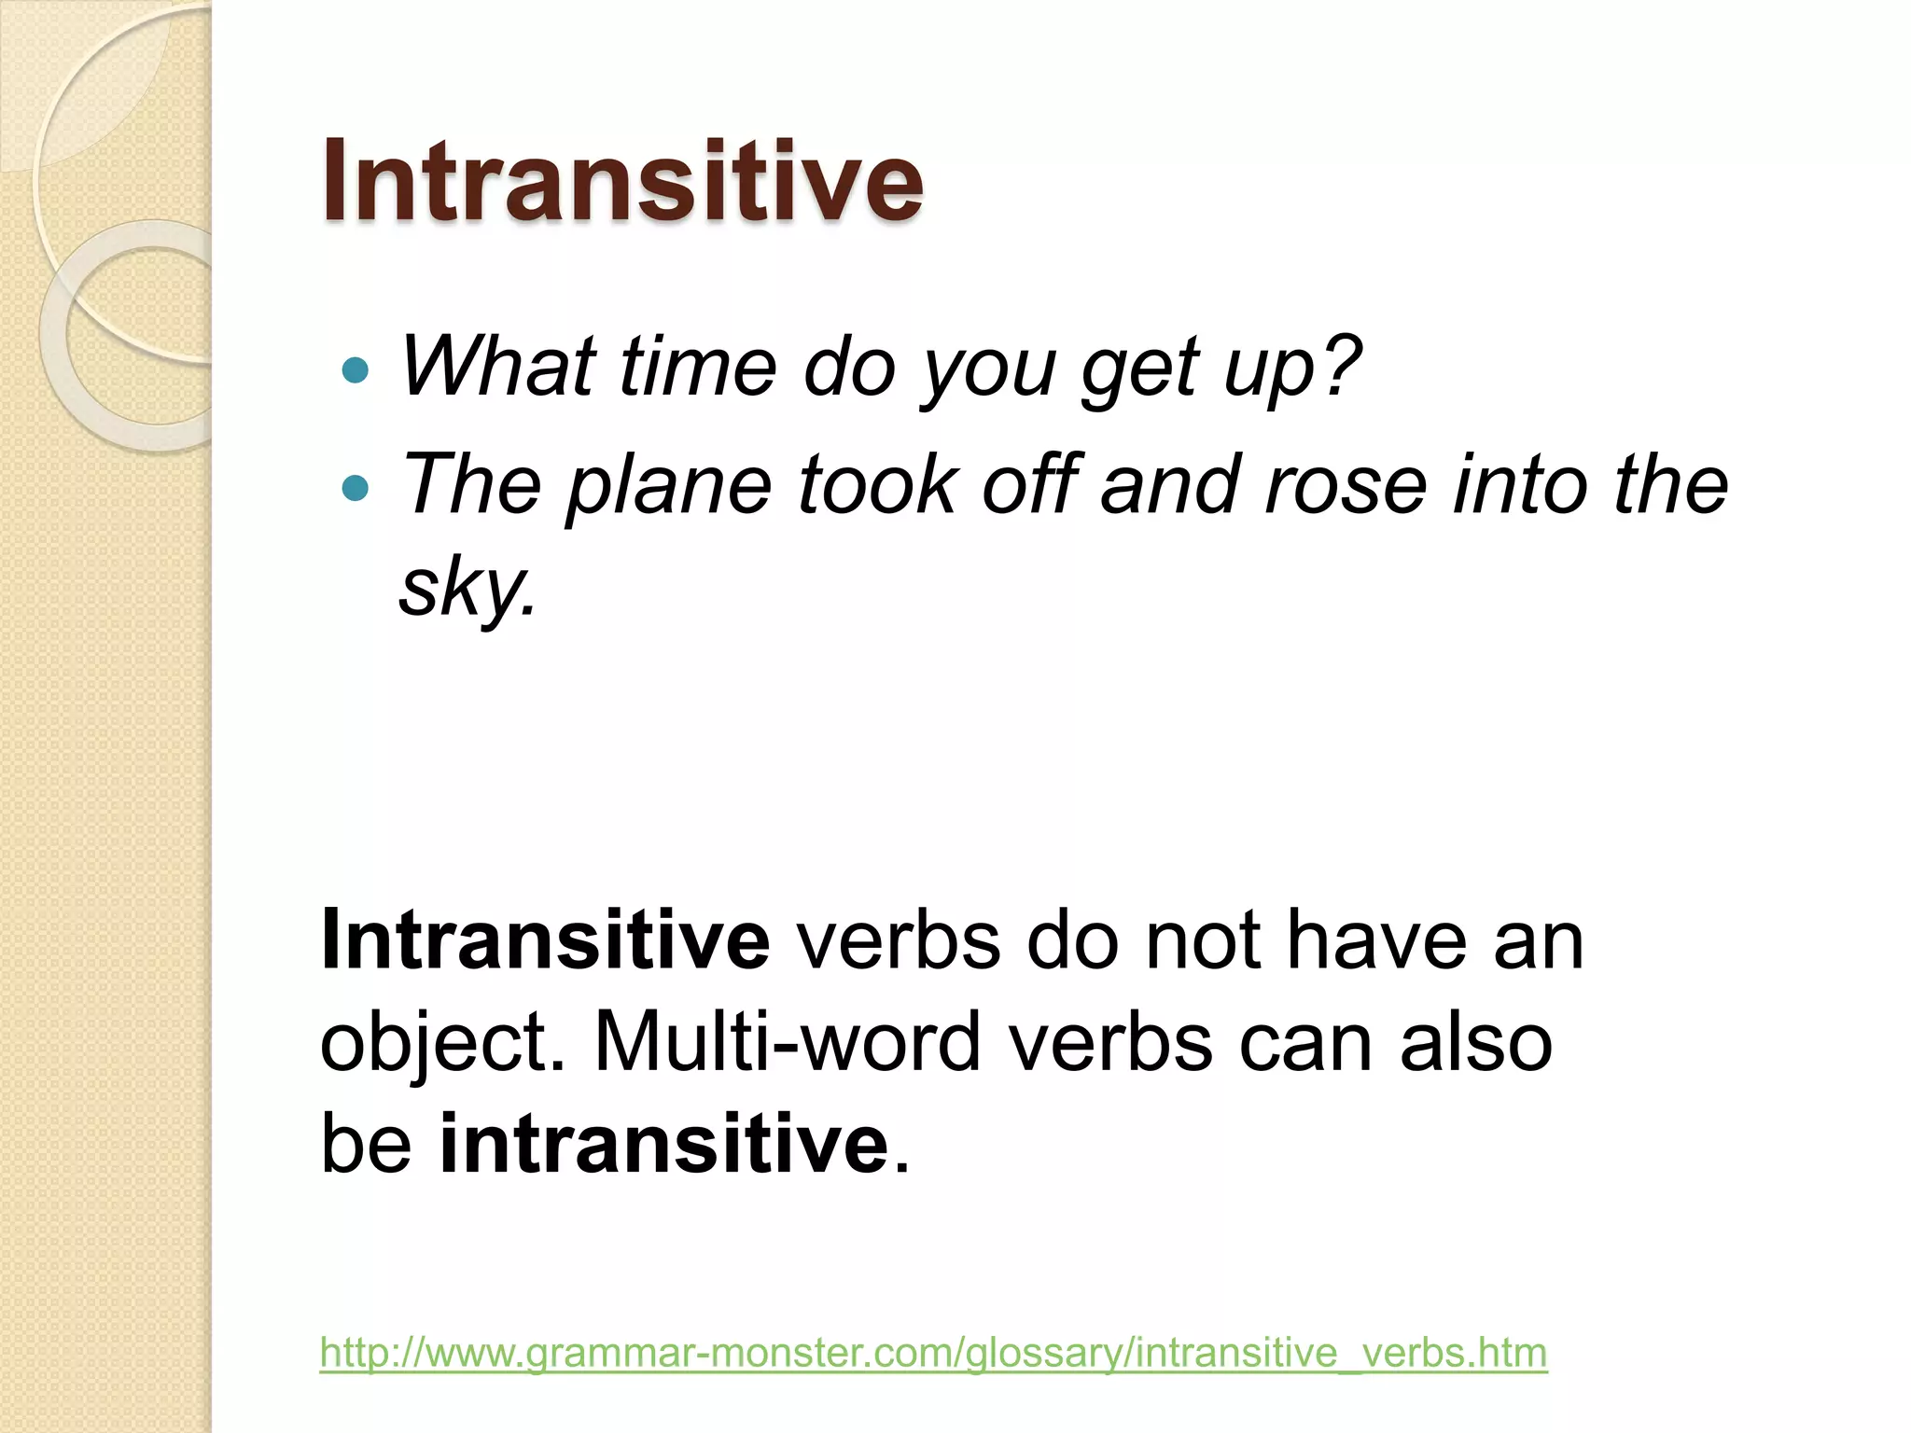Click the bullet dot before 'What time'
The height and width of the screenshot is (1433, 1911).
[x=356, y=371]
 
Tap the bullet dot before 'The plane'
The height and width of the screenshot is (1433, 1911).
[x=356, y=488]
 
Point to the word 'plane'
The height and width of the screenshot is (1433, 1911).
[x=669, y=487]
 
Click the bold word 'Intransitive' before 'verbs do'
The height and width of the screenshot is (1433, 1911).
[x=545, y=940]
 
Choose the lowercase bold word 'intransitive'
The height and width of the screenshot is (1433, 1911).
[x=664, y=1144]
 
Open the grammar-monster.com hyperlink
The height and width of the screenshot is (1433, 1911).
[x=933, y=1352]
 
